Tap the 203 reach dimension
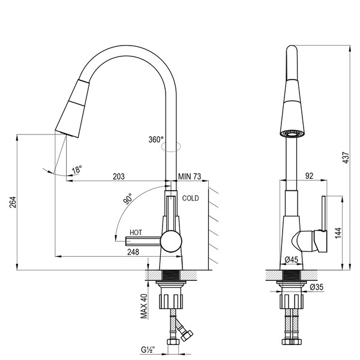(x=118, y=176)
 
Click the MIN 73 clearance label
(x=190, y=176)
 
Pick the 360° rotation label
(x=156, y=139)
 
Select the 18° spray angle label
(x=77, y=170)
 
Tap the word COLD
(x=190, y=198)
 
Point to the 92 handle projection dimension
(x=310, y=176)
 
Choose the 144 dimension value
(x=338, y=232)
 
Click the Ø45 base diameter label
(x=292, y=259)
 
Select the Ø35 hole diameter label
(x=317, y=287)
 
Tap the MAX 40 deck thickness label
(x=144, y=306)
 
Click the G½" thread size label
(x=148, y=349)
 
